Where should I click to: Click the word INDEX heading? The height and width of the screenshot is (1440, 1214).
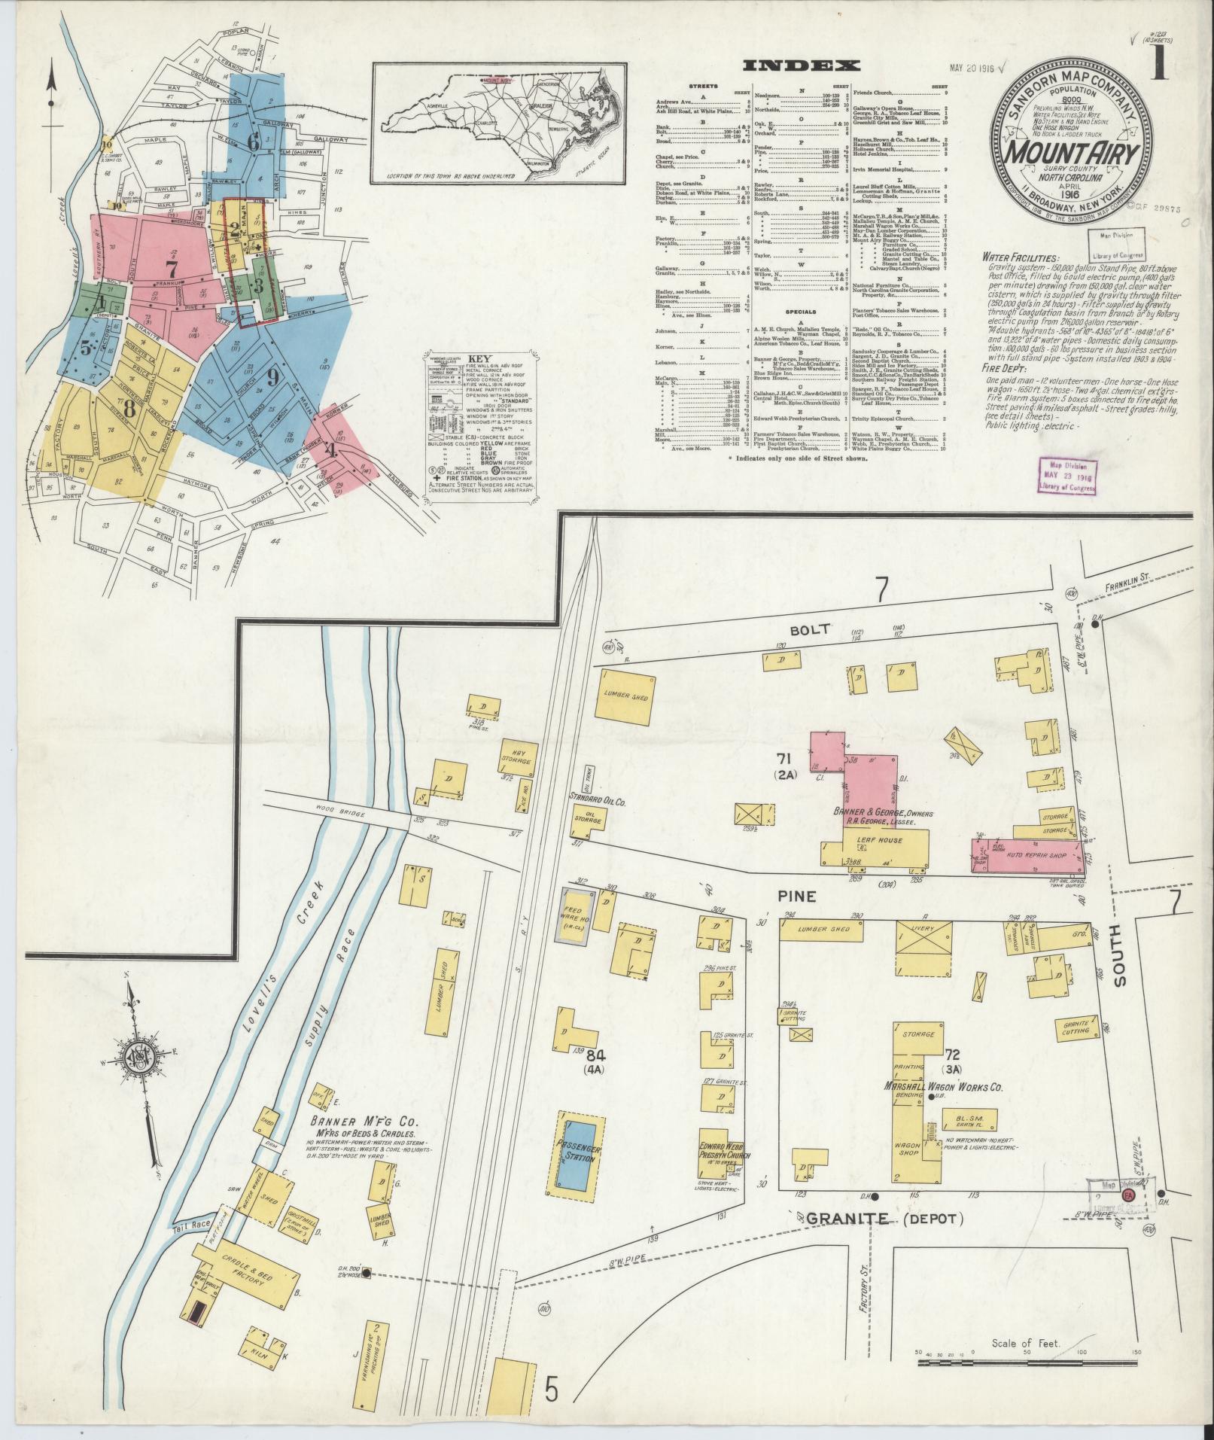click(x=801, y=66)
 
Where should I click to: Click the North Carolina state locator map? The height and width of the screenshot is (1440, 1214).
click(x=499, y=122)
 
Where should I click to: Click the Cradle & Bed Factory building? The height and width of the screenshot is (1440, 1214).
click(x=248, y=1271)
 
